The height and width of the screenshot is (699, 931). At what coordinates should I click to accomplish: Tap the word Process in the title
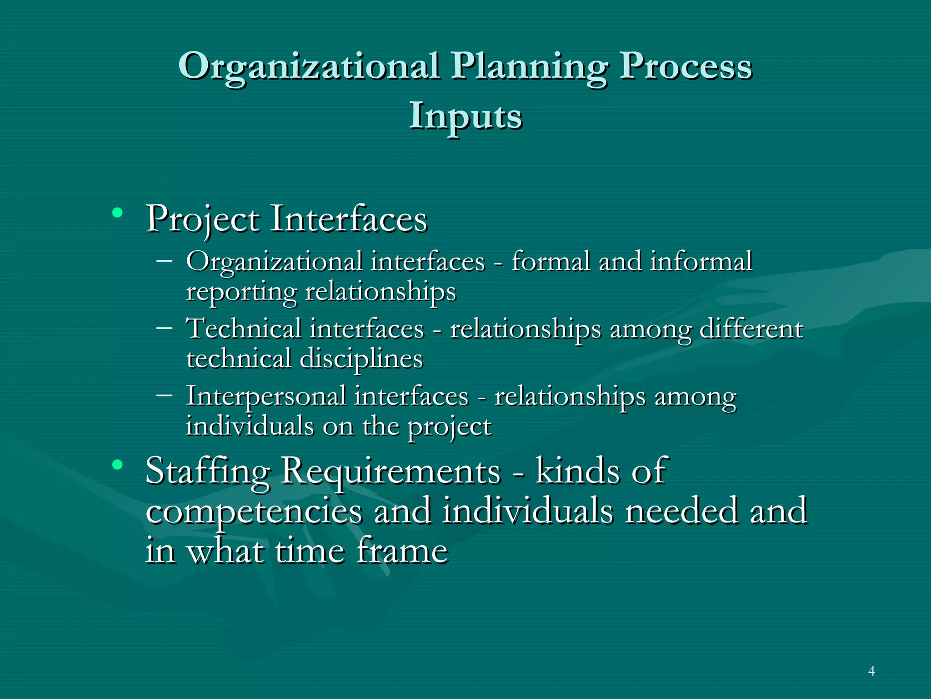coord(686,66)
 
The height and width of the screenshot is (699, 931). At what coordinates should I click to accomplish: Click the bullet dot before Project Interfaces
coord(118,213)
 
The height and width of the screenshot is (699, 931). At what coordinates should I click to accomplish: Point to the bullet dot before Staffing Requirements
coord(118,465)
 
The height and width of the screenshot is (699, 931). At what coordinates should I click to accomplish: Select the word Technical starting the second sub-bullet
coord(244,328)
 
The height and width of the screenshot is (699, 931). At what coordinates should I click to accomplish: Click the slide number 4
coord(871,671)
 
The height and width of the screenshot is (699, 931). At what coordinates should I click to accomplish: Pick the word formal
coord(551,262)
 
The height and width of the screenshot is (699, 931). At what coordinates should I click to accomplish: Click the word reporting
coord(241,292)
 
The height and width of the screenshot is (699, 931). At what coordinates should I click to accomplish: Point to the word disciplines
coord(361,359)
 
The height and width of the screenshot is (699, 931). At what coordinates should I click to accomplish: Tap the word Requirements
coord(391,471)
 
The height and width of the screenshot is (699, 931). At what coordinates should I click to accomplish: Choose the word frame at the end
coord(402,551)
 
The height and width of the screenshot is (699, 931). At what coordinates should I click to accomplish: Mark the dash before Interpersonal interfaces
coord(164,395)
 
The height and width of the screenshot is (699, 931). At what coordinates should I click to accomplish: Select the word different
coord(751,329)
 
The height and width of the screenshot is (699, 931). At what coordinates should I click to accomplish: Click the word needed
coord(681,511)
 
